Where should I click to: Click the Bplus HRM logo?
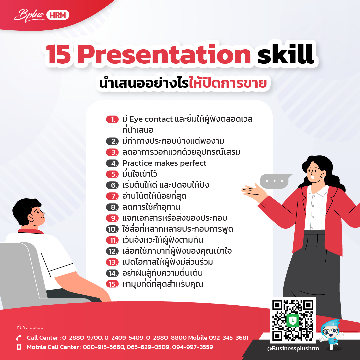point(42,15)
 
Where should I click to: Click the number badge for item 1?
point(112,119)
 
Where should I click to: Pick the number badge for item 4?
point(112,163)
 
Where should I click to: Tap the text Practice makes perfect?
point(164,163)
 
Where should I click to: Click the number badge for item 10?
point(112,229)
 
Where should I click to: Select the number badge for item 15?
point(112,284)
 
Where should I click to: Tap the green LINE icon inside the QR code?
point(293,320)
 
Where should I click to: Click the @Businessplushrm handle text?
point(293,348)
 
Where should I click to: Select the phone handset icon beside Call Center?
point(19,338)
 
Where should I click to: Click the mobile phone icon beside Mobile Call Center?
point(19,347)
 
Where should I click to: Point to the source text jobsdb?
point(36,327)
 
